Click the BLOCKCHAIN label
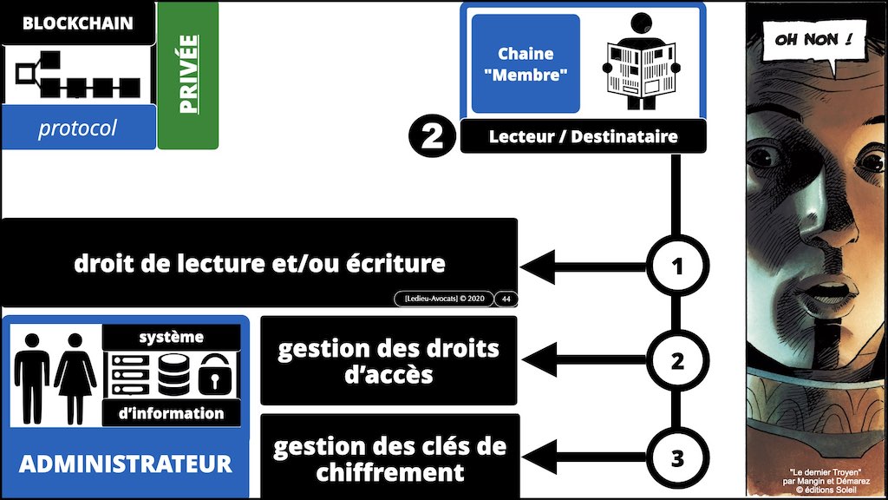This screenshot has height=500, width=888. (x=78, y=23)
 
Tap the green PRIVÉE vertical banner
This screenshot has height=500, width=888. (x=187, y=75)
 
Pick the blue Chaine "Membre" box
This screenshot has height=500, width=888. (x=525, y=63)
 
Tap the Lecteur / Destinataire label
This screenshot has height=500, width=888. (x=582, y=136)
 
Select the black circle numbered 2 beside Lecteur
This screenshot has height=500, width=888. (x=431, y=137)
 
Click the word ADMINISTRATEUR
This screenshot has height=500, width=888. (x=126, y=463)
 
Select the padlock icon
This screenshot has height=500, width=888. (x=212, y=376)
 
